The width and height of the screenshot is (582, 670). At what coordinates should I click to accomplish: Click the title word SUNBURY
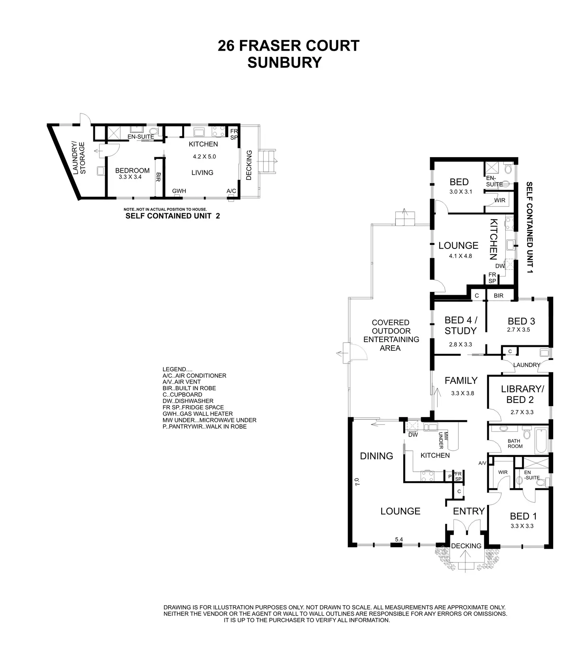pos(284,63)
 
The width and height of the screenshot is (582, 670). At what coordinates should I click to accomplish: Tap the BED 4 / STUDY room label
pos(461,326)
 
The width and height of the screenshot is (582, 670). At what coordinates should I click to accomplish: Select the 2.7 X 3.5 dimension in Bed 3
pos(521,329)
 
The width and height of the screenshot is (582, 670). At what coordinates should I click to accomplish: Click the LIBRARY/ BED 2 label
pos(522,394)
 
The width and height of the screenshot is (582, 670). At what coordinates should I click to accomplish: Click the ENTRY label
pos(469,511)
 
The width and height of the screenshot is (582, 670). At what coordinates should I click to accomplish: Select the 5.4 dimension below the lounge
pos(399,539)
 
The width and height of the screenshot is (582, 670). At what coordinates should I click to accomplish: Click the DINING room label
pos(376,456)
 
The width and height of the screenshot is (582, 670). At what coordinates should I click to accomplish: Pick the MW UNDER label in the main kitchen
pos(443,440)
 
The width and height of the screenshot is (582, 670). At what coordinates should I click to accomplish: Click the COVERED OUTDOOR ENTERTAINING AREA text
pos(390,335)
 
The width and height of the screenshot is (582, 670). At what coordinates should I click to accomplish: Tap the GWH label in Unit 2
pos(179,191)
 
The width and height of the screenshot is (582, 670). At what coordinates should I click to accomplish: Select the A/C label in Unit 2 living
pos(231,191)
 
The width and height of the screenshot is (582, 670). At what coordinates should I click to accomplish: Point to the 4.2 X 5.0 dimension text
pos(204,156)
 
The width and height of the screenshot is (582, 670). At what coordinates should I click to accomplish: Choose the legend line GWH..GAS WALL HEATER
pos(197,414)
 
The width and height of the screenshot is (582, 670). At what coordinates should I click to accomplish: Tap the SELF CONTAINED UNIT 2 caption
pos(172,216)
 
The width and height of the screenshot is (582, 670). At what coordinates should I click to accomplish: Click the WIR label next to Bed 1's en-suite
pos(503,472)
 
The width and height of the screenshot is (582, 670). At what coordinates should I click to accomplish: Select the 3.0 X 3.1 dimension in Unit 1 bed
pos(461,192)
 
